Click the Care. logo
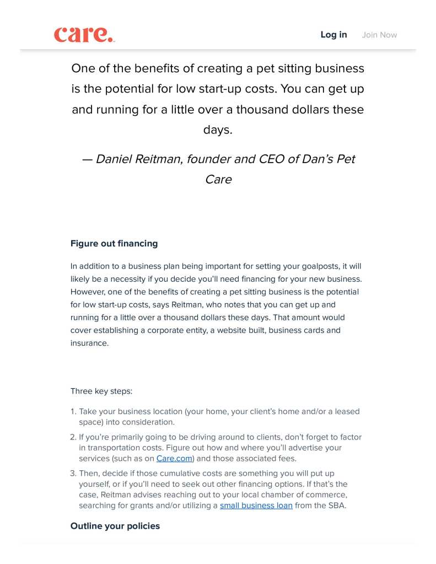pos(84,35)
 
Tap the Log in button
pos(333,35)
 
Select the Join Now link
pos(379,35)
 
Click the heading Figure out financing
pos(114,244)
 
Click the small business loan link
pos(256,506)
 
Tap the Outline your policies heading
pos(115,526)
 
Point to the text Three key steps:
pos(101,391)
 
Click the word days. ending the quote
pos(218,130)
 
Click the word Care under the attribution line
pos(218,180)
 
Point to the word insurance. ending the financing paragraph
pos(89,343)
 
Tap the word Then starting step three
pos(89,474)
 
